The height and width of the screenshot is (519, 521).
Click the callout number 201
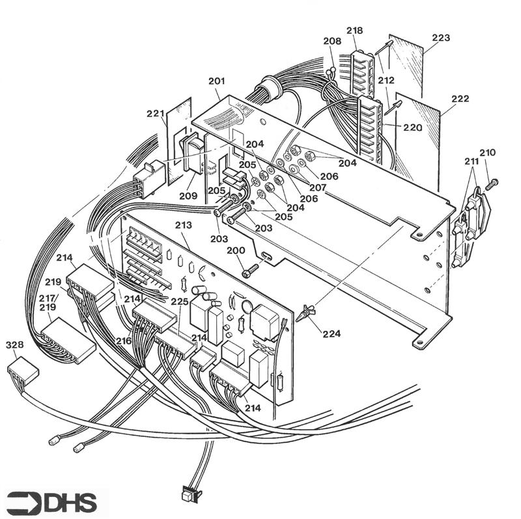[217, 81]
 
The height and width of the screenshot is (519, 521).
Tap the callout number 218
[354, 31]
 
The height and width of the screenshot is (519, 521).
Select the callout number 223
[441, 38]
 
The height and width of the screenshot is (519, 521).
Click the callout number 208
[331, 41]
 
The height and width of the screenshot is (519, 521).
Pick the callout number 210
[487, 152]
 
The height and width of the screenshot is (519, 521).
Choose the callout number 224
[331, 333]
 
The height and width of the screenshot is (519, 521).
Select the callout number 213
[184, 225]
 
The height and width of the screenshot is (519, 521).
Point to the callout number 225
[180, 302]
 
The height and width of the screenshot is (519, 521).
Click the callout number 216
[124, 341]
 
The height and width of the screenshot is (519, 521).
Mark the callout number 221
[155, 113]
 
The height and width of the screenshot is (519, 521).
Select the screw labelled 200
[251, 268]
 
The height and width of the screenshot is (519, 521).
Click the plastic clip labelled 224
[304, 313]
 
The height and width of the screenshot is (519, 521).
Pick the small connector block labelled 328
[23, 374]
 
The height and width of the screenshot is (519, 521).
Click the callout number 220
[412, 128]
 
